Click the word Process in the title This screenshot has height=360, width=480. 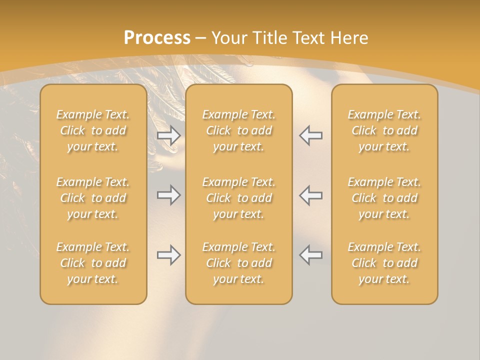tap(157, 38)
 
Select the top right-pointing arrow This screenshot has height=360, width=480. tap(168, 135)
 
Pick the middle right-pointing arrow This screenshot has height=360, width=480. tap(168, 195)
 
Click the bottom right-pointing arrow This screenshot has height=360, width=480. tap(168, 255)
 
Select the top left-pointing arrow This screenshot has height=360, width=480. tap(311, 135)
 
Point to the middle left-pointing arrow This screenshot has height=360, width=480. tap(311, 195)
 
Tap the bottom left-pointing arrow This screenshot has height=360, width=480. tap(311, 255)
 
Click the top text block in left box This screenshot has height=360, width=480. tap(93, 130)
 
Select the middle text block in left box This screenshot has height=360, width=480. tap(93, 198)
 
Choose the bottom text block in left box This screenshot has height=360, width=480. tap(93, 263)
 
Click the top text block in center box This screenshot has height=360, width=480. tap(238, 130)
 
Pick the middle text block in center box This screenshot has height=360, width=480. tap(238, 198)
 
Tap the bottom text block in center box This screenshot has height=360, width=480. tap(238, 263)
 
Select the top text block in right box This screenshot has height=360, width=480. tap(384, 130)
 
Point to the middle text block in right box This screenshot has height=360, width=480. tap(384, 198)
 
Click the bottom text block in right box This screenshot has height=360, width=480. tap(384, 263)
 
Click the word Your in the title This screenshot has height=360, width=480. tap(229, 38)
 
